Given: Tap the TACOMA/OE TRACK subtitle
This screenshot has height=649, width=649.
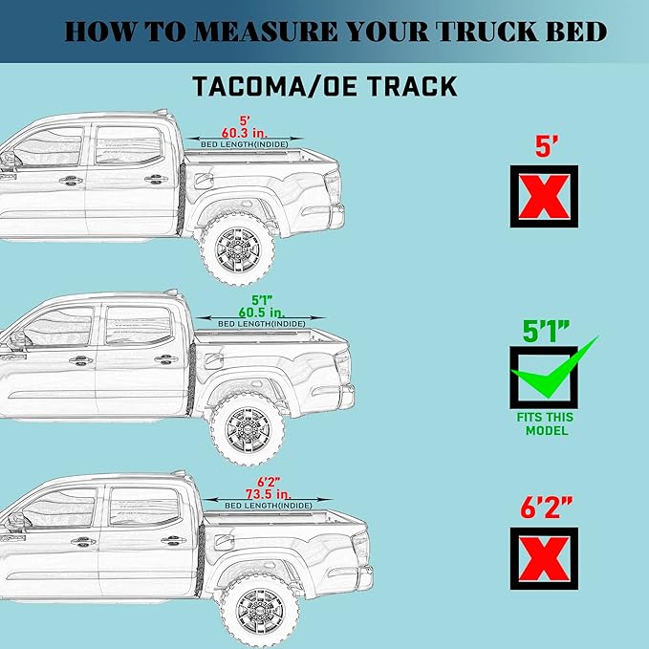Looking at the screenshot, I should click(x=325, y=86).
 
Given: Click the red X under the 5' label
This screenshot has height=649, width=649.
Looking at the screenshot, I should click(x=544, y=197).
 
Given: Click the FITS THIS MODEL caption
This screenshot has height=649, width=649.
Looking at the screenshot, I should click(x=546, y=424).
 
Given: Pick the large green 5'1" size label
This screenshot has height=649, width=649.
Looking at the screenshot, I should click(x=546, y=331).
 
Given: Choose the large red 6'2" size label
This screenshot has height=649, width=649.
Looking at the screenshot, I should click(x=545, y=507).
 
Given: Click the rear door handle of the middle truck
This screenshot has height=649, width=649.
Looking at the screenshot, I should click(x=164, y=360).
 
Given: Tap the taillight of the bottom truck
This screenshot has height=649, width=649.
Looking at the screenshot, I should click(x=359, y=548).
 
